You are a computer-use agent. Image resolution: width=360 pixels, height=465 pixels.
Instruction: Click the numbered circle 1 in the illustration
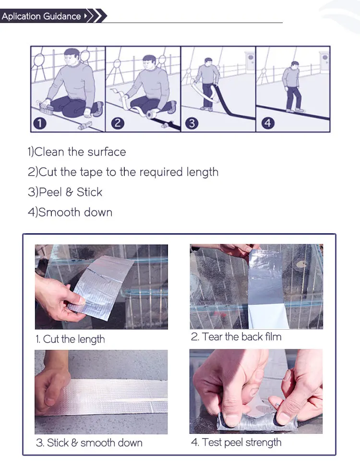[40, 123]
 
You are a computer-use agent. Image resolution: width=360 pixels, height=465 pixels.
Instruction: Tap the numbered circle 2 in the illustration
[118, 123]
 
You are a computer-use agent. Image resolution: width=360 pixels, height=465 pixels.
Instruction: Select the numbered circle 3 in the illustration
[192, 123]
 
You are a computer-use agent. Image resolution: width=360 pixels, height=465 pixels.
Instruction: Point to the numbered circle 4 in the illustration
[268, 123]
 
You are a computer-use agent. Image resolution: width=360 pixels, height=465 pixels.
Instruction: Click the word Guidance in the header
[62, 16]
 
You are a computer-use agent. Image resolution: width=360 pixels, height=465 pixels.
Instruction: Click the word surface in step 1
[107, 152]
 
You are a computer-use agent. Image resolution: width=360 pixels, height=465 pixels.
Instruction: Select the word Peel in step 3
[50, 192]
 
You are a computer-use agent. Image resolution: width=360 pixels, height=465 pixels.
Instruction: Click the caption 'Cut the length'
[74, 339]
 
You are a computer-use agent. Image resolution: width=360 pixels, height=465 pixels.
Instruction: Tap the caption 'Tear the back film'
[242, 336]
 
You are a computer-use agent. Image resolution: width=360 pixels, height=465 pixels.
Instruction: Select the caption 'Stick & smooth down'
[95, 442]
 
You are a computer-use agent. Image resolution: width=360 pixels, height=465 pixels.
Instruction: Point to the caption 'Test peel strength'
[241, 442]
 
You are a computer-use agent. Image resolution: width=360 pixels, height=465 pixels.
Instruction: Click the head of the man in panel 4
[294, 65]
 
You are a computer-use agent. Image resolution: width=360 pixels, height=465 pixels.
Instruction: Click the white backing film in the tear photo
[266, 317]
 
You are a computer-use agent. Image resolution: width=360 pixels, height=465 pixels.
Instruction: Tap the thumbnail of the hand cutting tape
[101, 287]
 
